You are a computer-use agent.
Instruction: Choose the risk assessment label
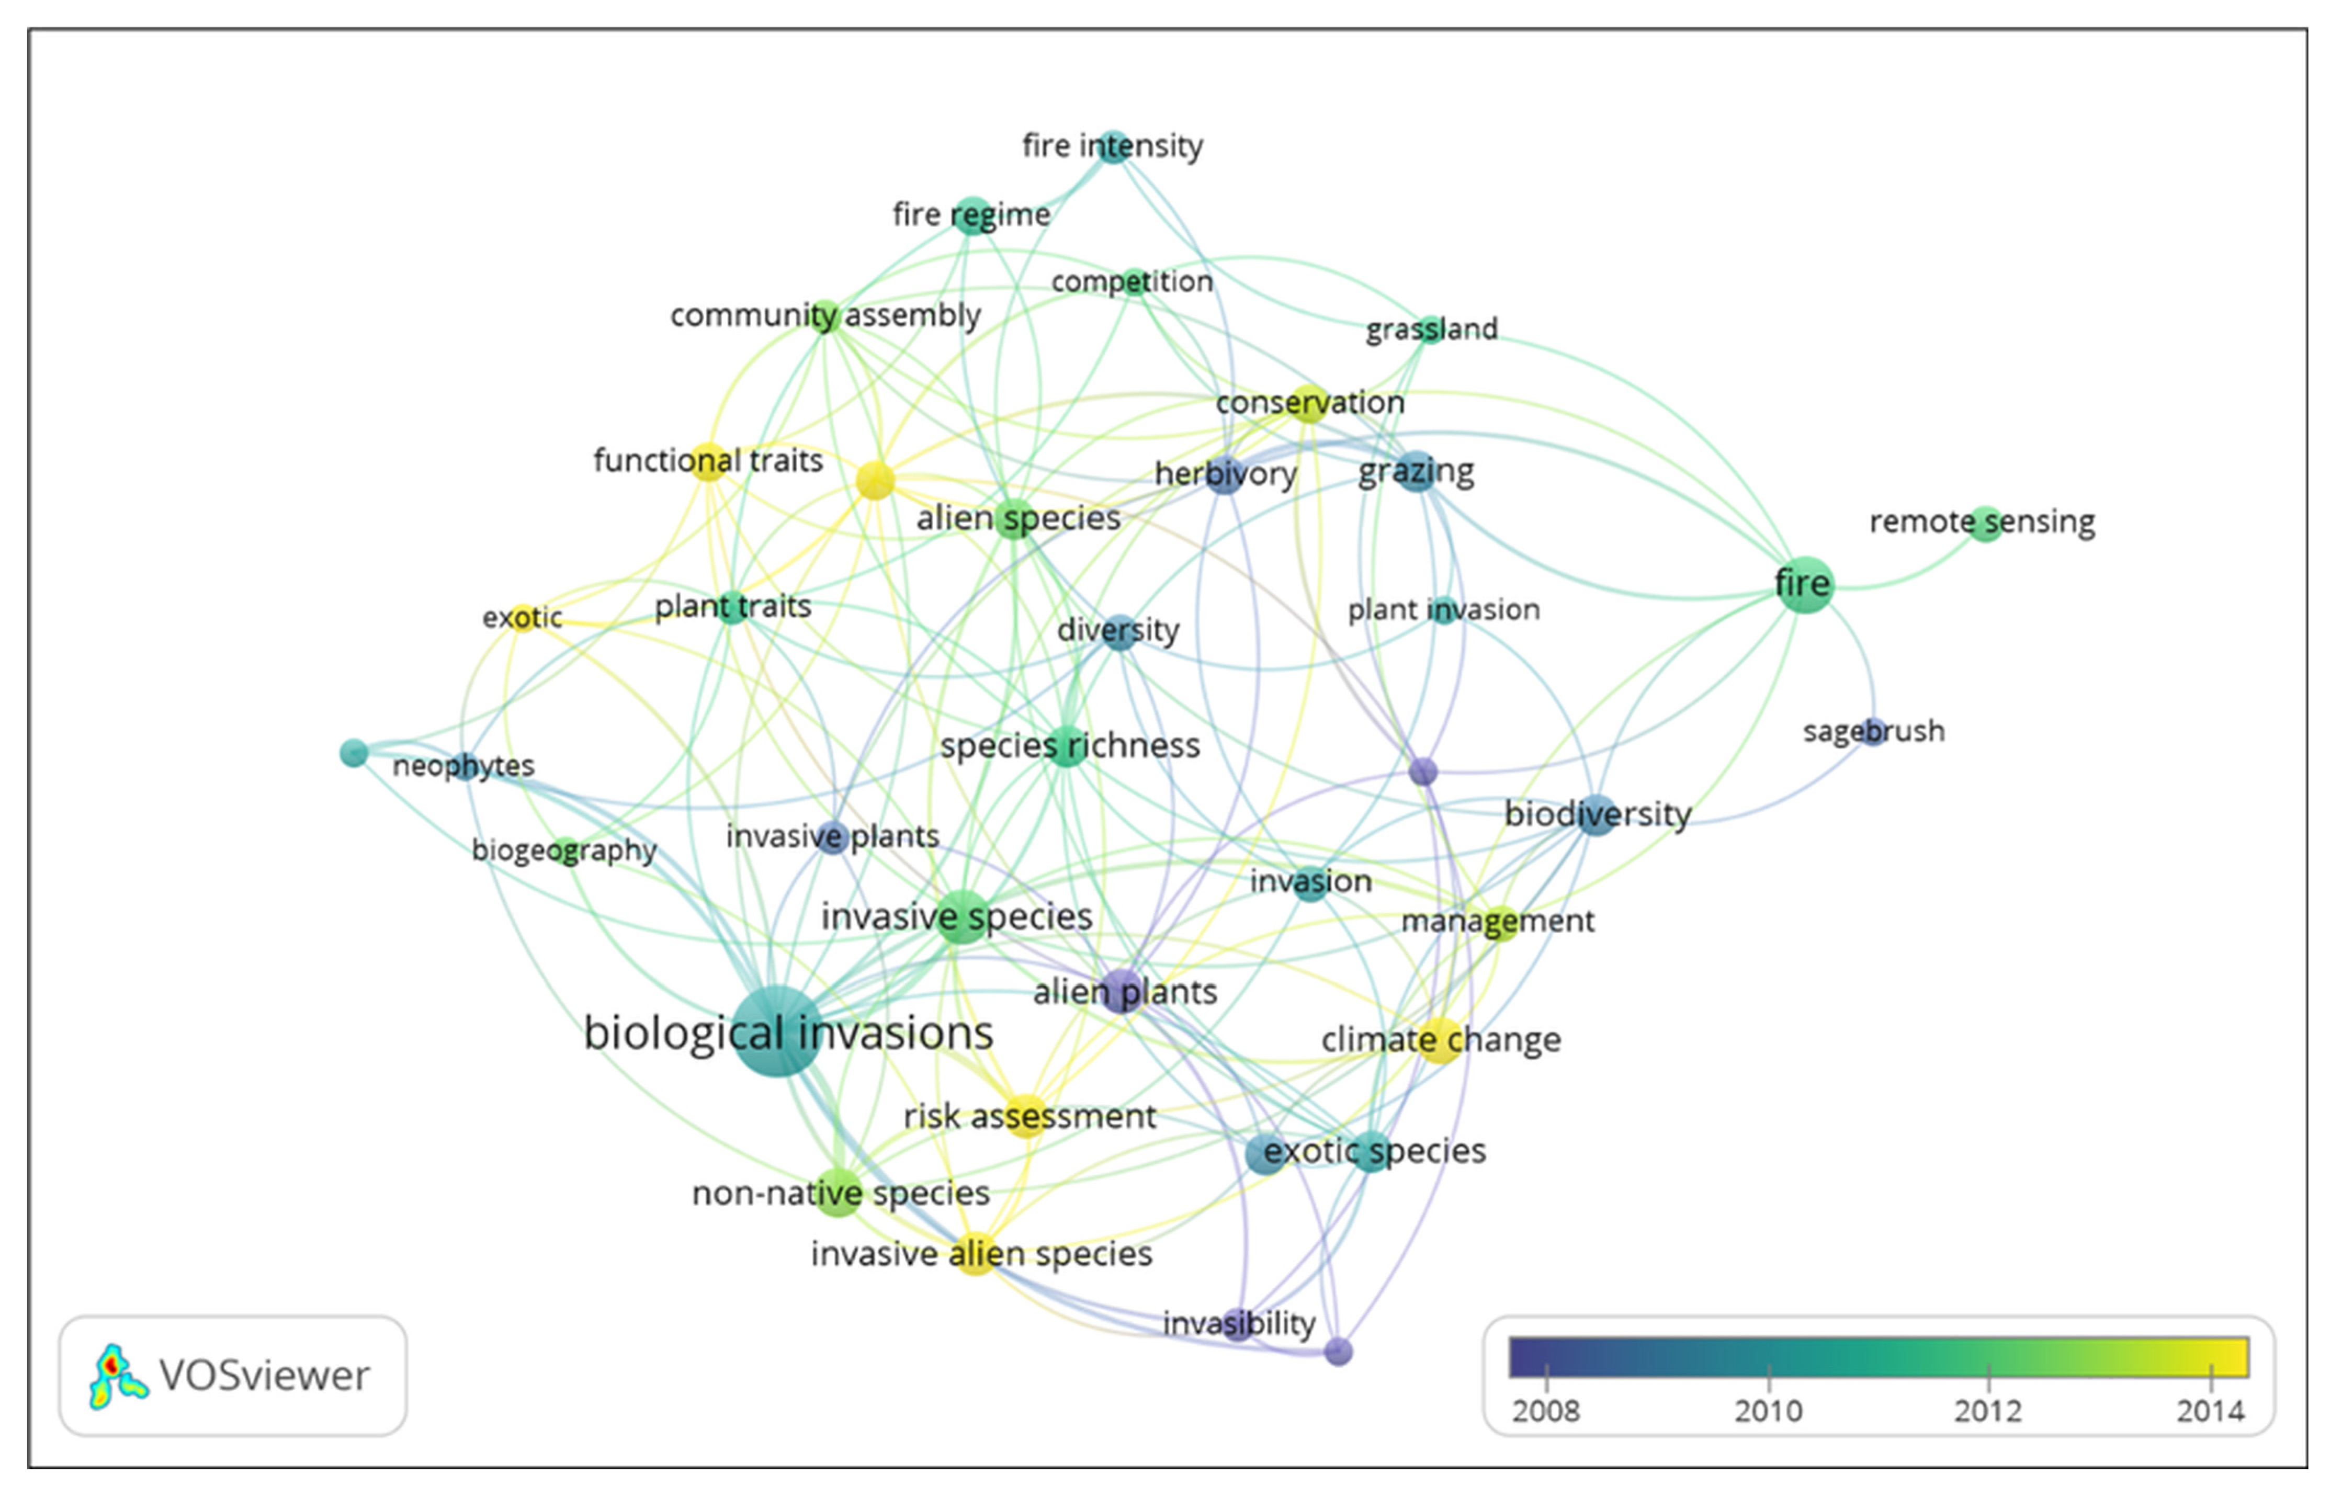[x=1029, y=1116]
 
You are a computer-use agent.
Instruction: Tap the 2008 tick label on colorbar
[x=1546, y=1411]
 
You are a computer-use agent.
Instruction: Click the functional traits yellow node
[x=709, y=461]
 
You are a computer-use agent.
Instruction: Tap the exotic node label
[x=522, y=617]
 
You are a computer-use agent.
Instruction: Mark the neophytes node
[x=463, y=766]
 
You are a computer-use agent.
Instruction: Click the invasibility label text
[x=1238, y=1323]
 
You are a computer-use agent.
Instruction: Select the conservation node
[x=1309, y=402]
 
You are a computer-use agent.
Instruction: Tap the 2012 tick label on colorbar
[x=1988, y=1411]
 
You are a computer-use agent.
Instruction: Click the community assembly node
[x=824, y=316]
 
